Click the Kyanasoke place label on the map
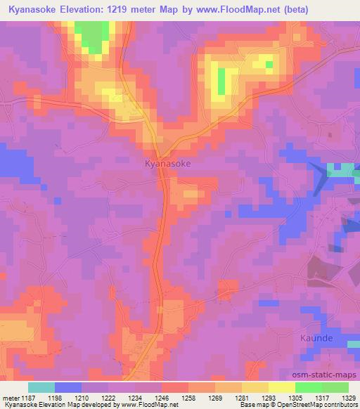click(x=167, y=163)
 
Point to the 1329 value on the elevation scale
click(x=348, y=398)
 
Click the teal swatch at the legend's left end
click(x=41, y=387)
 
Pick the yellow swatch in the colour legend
click(x=281, y=387)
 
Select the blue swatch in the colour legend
click(x=68, y=387)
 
